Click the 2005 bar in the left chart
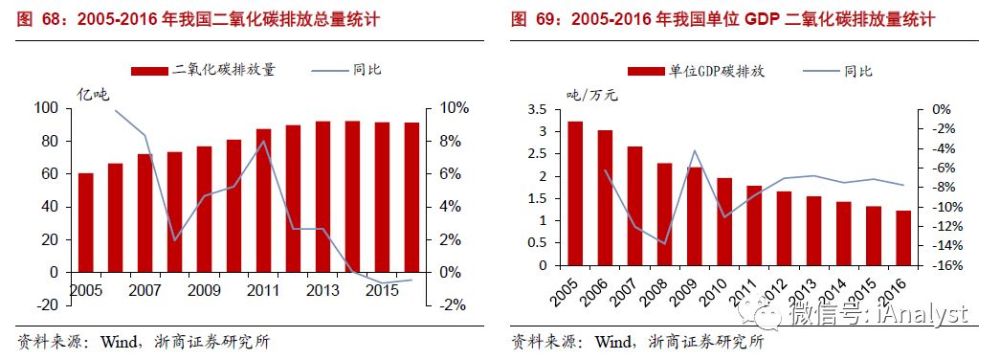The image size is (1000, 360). tap(86, 222)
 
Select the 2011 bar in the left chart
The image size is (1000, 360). tap(263, 200)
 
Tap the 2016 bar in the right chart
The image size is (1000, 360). tap(902, 239)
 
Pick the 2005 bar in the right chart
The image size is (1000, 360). tap(574, 194)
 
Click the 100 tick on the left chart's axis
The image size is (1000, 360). tap(44, 108)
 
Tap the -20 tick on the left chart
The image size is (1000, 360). tap(44, 305)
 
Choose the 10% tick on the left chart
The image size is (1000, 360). tap(453, 108)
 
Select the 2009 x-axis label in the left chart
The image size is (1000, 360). tap(204, 290)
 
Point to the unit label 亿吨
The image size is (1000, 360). tap(93, 94)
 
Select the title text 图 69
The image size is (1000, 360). tap(534, 19)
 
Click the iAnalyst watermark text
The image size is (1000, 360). tap(929, 316)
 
